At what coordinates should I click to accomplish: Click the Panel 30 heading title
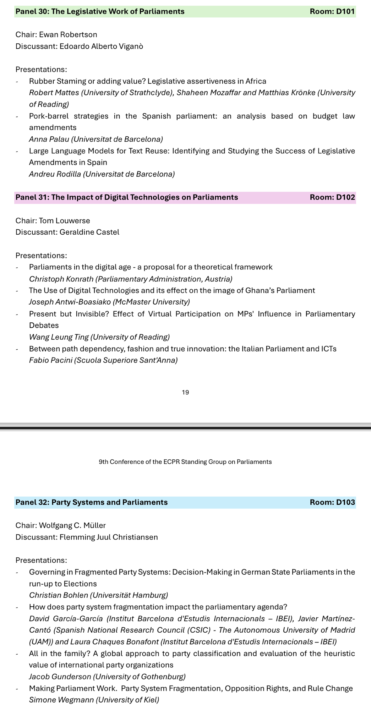pyautogui.click(x=100, y=11)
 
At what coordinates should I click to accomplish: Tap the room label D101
pyautogui.click(x=332, y=11)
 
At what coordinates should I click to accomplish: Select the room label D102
pyautogui.click(x=332, y=197)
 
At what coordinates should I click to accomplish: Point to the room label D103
pyautogui.click(x=332, y=502)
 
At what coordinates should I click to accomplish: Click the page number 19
pyautogui.click(x=185, y=392)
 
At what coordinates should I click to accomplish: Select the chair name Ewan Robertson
pyautogui.click(x=68, y=34)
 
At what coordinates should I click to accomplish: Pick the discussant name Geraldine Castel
pyautogui.click(x=89, y=232)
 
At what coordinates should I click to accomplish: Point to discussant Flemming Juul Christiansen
pyautogui.click(x=109, y=537)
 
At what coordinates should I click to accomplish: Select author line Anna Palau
pyautogui.click(x=96, y=139)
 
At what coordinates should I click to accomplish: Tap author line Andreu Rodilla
pyautogui.click(x=102, y=174)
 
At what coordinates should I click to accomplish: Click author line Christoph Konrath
pyautogui.click(x=131, y=279)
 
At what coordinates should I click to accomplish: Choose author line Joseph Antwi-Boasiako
pyautogui.click(x=109, y=302)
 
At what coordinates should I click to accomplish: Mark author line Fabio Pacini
pyautogui.click(x=103, y=360)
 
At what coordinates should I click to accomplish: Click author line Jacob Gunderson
pyautogui.click(x=107, y=677)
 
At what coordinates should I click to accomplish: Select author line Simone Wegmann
pyautogui.click(x=94, y=700)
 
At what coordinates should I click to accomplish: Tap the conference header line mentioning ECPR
pyautogui.click(x=185, y=462)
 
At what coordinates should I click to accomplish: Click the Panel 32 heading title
pyautogui.click(x=92, y=502)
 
